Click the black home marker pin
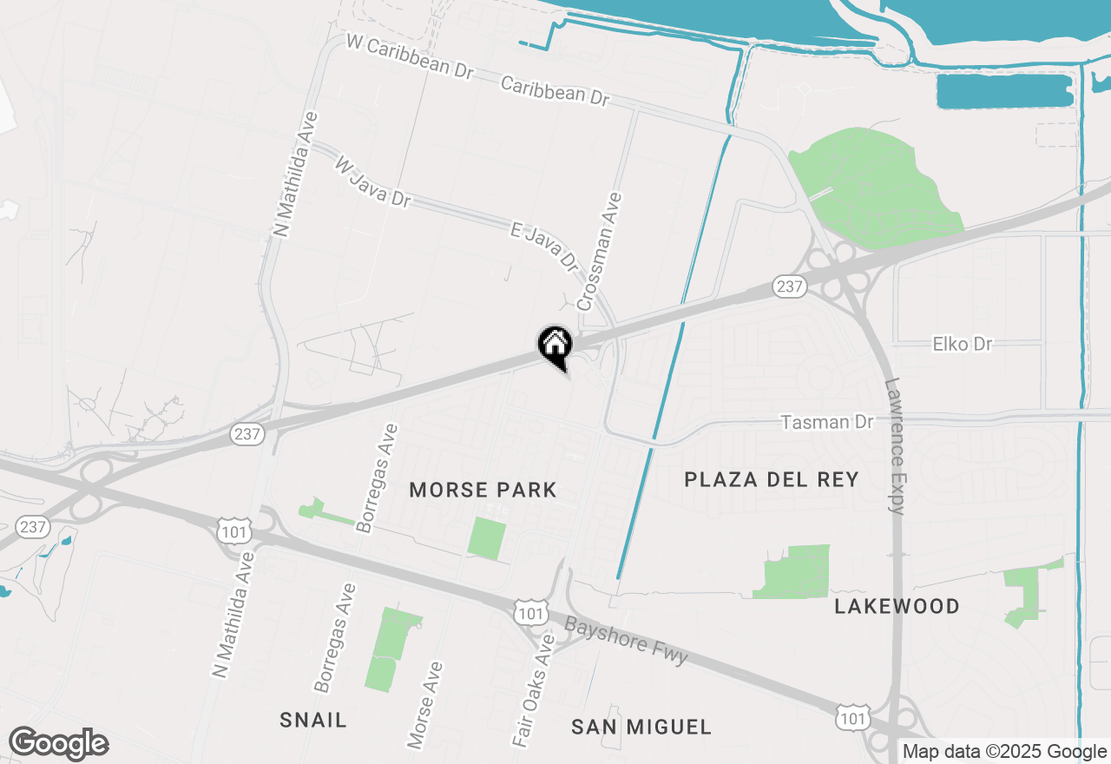click(x=555, y=346)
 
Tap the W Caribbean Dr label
click(x=409, y=57)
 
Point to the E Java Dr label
click(x=543, y=244)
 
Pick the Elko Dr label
click(x=962, y=345)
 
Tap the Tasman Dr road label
click(x=826, y=422)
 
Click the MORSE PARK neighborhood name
click(x=483, y=490)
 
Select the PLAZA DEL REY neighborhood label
click(x=772, y=479)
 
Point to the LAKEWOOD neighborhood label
click(x=897, y=606)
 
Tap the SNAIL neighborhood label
click(x=313, y=720)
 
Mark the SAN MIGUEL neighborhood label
click(x=641, y=727)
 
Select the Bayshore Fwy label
click(x=627, y=640)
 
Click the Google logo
click(x=58, y=744)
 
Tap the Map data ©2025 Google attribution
click(x=1004, y=752)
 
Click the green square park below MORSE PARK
click(x=487, y=538)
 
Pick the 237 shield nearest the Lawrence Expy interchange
click(x=789, y=286)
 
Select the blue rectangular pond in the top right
click(x=1004, y=91)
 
